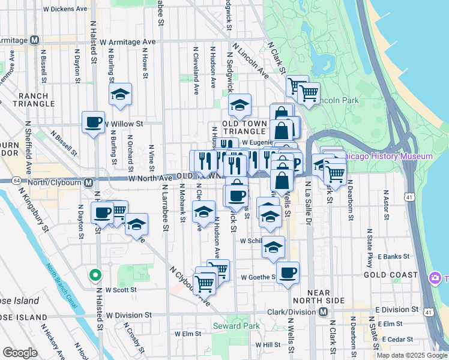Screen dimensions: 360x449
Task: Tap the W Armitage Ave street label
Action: [128, 42]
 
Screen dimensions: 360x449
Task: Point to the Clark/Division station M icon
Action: [323, 311]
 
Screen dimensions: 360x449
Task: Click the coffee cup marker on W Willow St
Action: [93, 124]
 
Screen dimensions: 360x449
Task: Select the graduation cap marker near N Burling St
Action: [120, 95]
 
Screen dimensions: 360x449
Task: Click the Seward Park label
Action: [236, 326]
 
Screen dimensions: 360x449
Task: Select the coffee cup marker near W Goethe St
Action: [288, 273]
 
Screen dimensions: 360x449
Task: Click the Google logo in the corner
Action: [19, 353]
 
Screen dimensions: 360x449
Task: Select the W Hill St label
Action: [268, 345]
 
